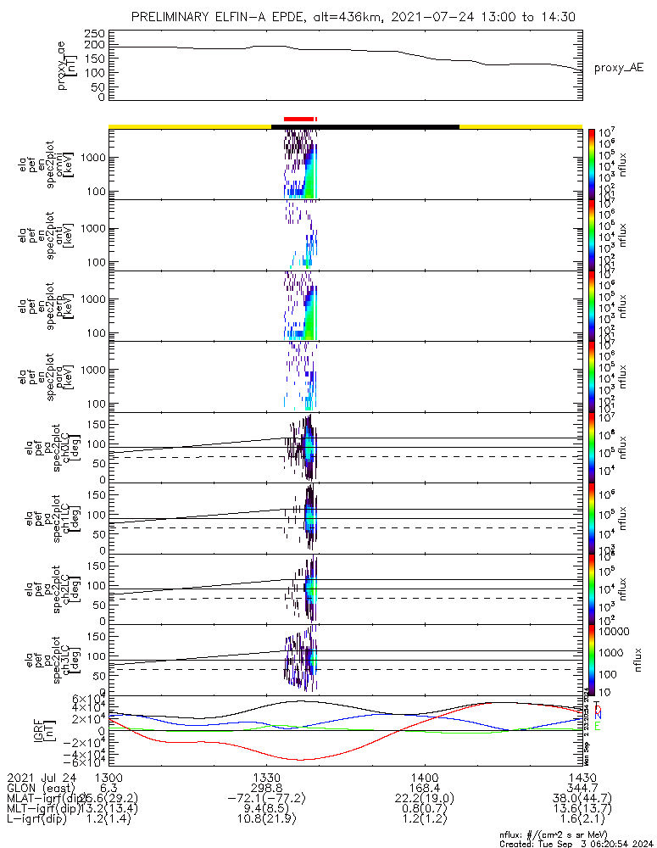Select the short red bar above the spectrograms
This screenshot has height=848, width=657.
(300, 119)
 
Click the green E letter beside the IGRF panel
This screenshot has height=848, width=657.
(598, 727)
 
